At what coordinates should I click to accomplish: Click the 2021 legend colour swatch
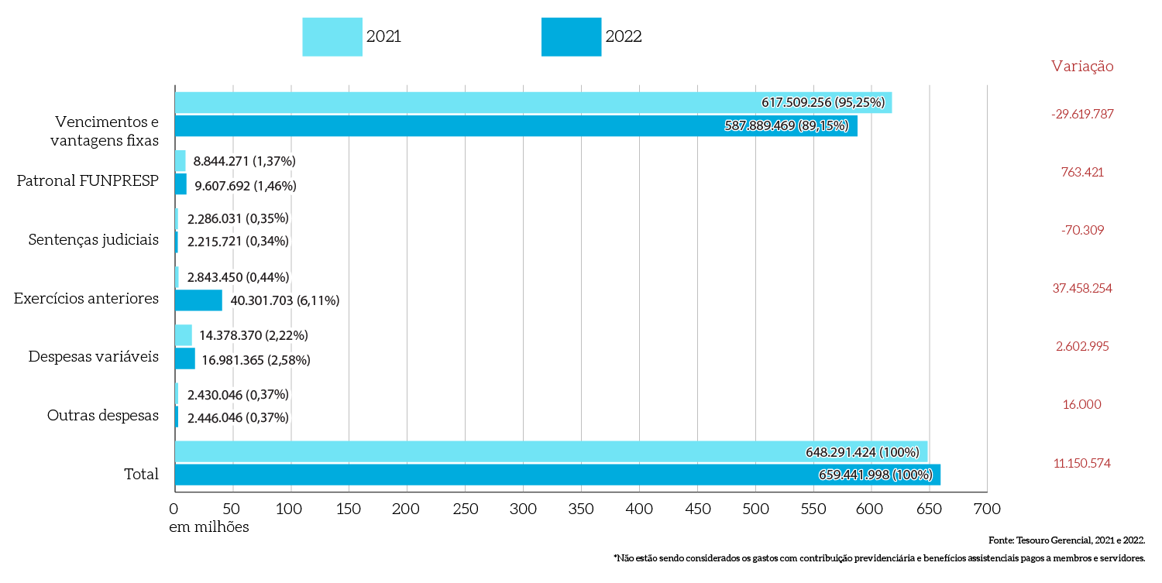pyautogui.click(x=332, y=37)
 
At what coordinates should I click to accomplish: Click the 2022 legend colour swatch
pyautogui.click(x=571, y=37)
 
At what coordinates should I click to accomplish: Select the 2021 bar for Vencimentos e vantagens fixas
pyautogui.click(x=465, y=102)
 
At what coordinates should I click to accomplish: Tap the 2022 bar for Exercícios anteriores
pyautogui.click(x=198, y=300)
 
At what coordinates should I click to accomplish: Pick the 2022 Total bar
pyautogui.click(x=496, y=475)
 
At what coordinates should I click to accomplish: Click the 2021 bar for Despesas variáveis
pyautogui.click(x=184, y=335)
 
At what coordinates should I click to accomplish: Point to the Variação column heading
pyautogui.click(x=1082, y=67)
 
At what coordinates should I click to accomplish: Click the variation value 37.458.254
pyautogui.click(x=1082, y=288)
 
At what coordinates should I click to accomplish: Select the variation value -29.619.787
pyautogui.click(x=1082, y=114)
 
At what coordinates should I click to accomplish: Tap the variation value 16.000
pyautogui.click(x=1082, y=404)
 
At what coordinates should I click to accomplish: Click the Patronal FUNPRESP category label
pyautogui.click(x=88, y=181)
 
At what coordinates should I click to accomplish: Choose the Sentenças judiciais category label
pyautogui.click(x=94, y=239)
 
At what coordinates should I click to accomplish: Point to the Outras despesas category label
pyautogui.click(x=103, y=416)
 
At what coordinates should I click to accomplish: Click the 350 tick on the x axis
pyautogui.click(x=523, y=509)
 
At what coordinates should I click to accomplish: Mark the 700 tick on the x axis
pyautogui.click(x=987, y=509)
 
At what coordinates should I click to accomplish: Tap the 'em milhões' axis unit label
pyautogui.click(x=209, y=526)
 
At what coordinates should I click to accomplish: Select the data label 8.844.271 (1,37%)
pyautogui.click(x=245, y=161)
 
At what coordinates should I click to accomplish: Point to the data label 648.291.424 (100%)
pyautogui.click(x=862, y=451)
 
